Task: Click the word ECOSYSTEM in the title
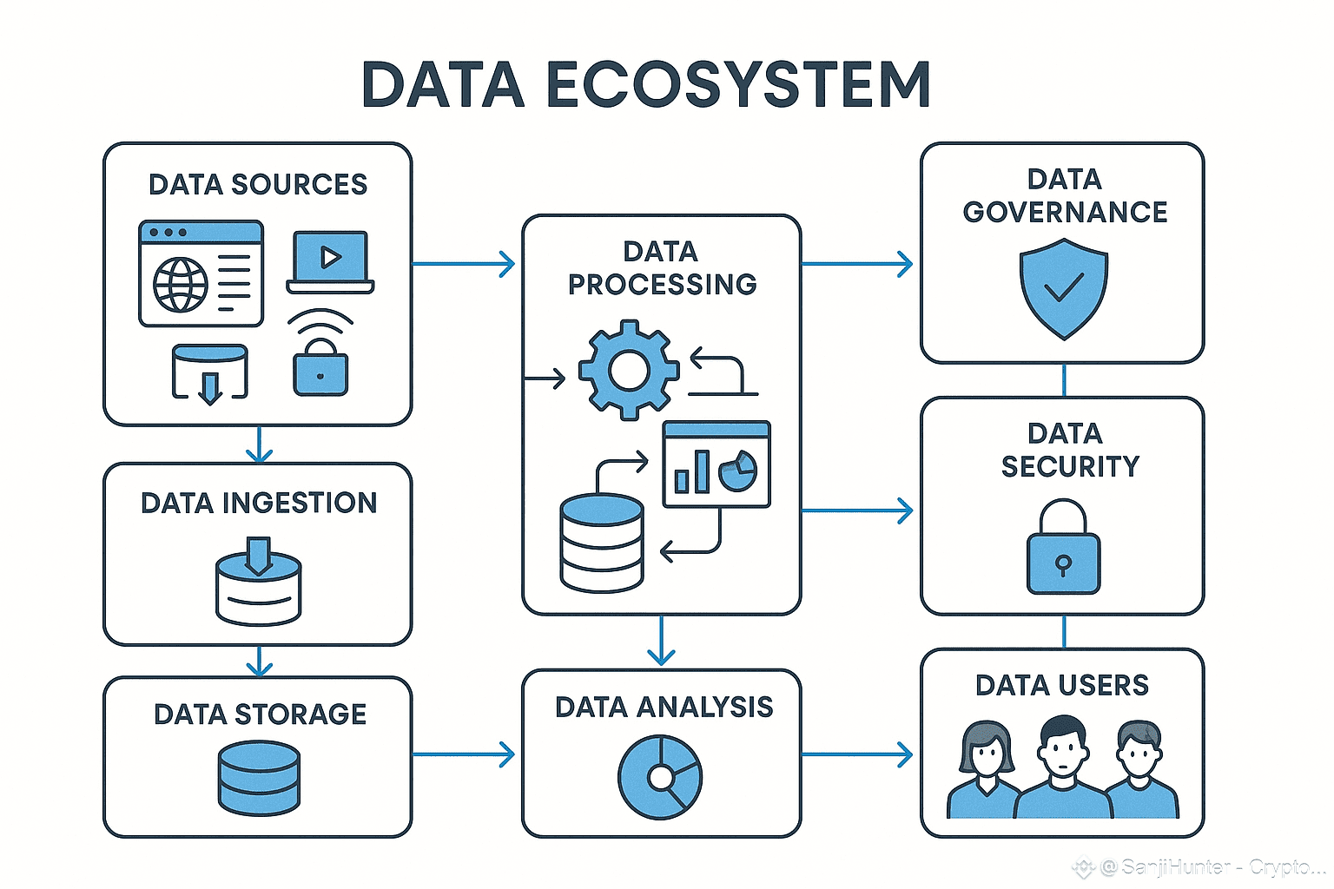(x=738, y=85)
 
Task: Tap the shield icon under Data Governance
(x=1063, y=288)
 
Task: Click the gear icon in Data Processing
(x=629, y=371)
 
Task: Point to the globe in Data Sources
(x=181, y=284)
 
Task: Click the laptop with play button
(x=330, y=261)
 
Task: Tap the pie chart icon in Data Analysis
(x=660, y=777)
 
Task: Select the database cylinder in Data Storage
(x=259, y=777)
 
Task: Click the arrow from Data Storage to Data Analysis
(x=465, y=754)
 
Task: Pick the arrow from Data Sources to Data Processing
(x=465, y=263)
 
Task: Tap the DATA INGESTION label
(x=259, y=503)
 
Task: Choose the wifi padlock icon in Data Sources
(x=320, y=356)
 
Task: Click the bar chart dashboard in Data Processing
(x=717, y=464)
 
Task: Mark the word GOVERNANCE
(x=1065, y=212)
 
